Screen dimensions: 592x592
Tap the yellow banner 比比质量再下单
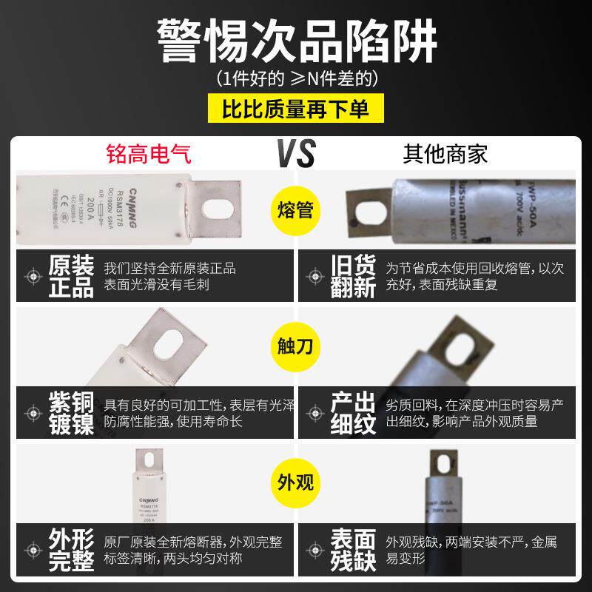tap(296, 108)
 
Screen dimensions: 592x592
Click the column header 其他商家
tap(445, 155)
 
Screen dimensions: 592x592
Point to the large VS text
tap(295, 153)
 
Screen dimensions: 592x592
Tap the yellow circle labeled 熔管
tap(296, 210)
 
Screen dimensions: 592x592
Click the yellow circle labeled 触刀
tap(296, 346)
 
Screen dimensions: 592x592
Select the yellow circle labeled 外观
tap(296, 482)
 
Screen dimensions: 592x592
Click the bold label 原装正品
tap(71, 276)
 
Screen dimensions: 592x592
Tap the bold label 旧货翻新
tap(354, 276)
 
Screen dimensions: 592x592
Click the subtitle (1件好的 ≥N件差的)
tap(296, 78)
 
